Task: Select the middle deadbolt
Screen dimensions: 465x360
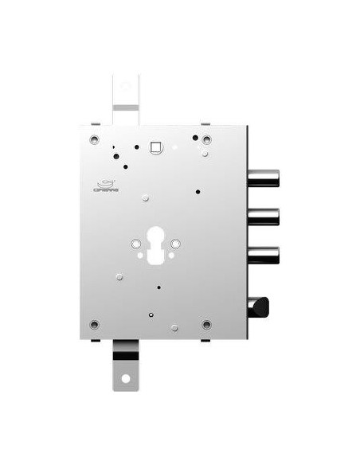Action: coord(264,216)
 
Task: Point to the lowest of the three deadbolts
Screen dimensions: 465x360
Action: coord(264,254)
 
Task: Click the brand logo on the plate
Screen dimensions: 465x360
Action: coord(104,186)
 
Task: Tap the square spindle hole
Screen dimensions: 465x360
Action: coord(156,147)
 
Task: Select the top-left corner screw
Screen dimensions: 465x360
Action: coord(95,140)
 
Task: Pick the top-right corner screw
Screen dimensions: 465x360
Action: coord(207,141)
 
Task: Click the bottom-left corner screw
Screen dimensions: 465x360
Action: coord(95,324)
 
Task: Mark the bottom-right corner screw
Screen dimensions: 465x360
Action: coord(207,324)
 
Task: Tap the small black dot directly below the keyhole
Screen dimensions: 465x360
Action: coord(159,287)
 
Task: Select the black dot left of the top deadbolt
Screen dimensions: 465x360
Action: coord(197,191)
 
